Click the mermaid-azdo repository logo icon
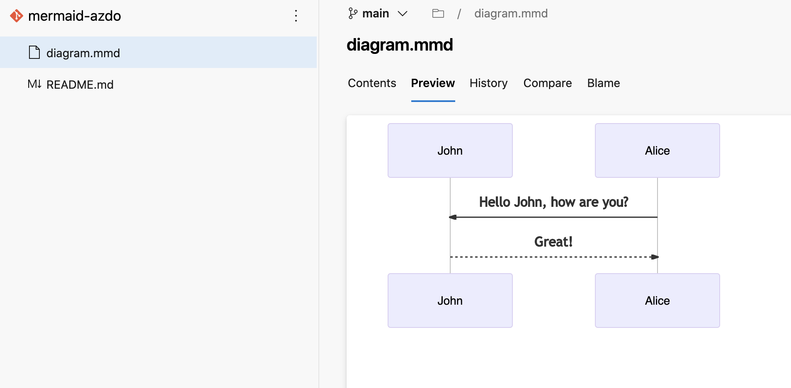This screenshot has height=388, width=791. point(17,16)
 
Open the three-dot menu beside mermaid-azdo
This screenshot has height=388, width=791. point(296,16)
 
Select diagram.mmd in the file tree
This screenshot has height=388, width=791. point(83,53)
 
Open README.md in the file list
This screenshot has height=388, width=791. point(80,85)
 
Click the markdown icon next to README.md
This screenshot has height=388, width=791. point(34,85)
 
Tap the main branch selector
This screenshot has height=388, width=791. point(378,14)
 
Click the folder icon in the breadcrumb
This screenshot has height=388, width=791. point(438,14)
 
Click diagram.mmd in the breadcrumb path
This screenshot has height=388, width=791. point(511,14)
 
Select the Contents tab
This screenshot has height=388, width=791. point(372,83)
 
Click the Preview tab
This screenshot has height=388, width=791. point(433,83)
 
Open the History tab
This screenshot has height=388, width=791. point(488,83)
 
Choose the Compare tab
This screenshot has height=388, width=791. point(547,83)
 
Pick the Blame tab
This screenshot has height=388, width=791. point(603,83)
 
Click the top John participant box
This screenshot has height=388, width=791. point(450,150)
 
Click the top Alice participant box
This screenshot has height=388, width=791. point(657,150)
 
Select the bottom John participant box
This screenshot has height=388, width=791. point(450,301)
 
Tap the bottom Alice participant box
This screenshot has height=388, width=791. point(657,301)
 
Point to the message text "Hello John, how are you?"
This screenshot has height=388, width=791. point(553,202)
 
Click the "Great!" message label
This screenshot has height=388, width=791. point(553,242)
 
